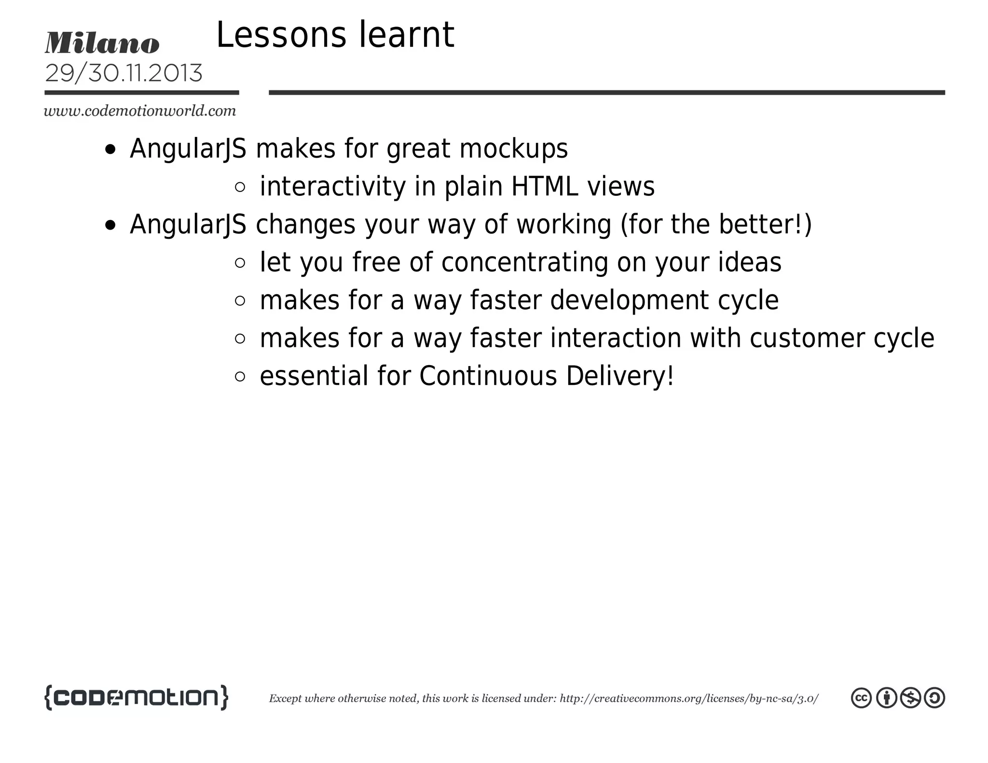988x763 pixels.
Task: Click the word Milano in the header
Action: (x=102, y=43)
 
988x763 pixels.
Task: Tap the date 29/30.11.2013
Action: (x=123, y=73)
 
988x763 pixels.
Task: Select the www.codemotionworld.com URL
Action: (x=140, y=111)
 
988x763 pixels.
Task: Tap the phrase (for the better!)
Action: (x=716, y=224)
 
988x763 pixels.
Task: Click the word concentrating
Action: (x=525, y=262)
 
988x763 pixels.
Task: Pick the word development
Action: (x=629, y=300)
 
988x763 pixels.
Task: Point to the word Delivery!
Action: (x=620, y=376)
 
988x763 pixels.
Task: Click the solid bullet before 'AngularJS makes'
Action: (x=110, y=150)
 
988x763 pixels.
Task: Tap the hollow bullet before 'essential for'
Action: (x=240, y=377)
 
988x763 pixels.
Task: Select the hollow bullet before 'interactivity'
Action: (x=240, y=187)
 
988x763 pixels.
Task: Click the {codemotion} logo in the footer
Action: (x=136, y=697)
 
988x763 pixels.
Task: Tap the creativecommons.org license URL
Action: (x=689, y=698)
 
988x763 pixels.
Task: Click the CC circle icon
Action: (x=861, y=698)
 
